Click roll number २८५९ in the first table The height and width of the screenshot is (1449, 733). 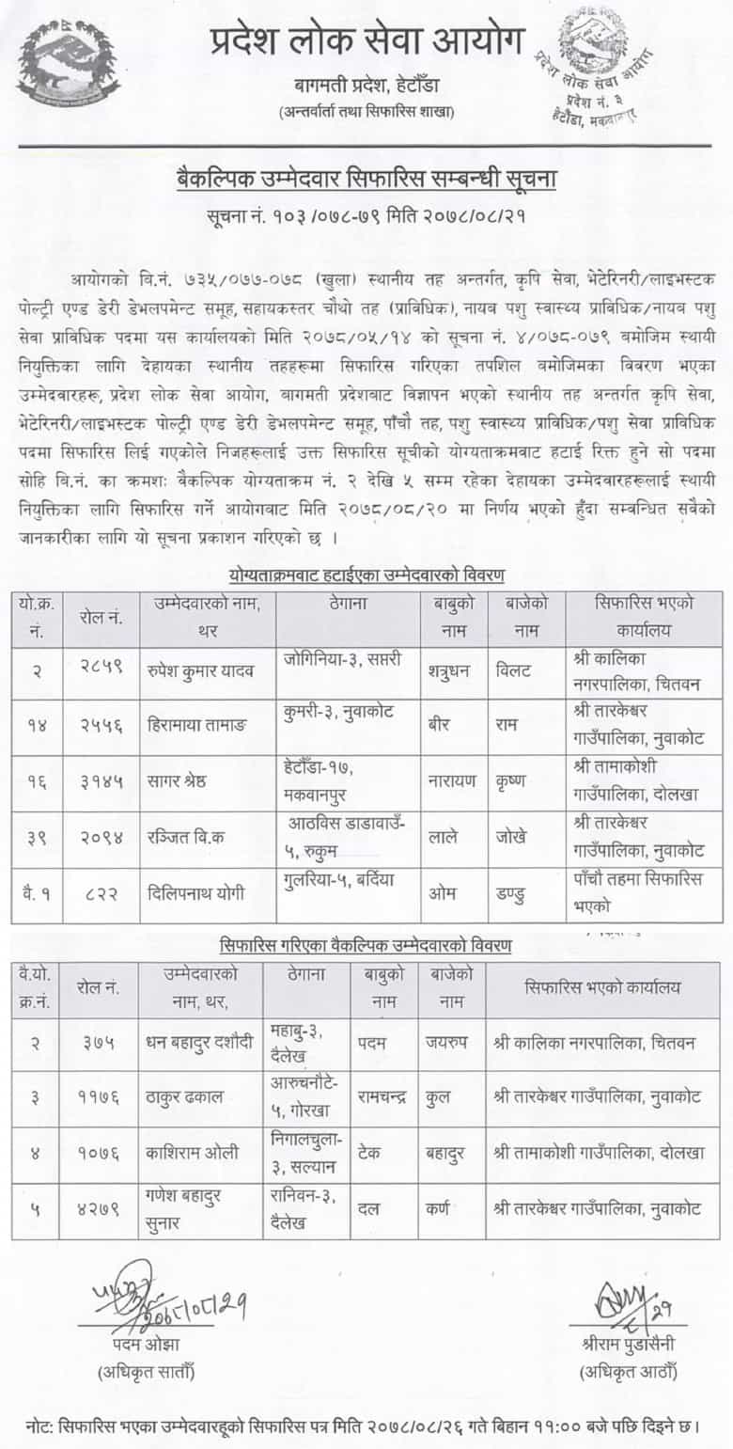tap(100, 671)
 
